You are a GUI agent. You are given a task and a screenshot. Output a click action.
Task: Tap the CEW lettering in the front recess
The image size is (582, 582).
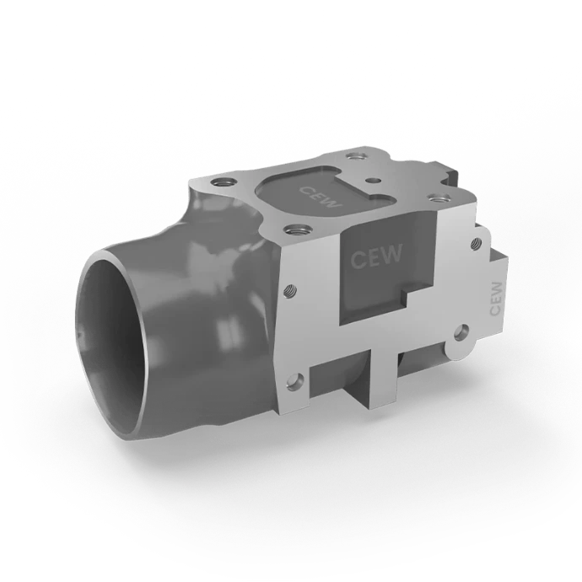click(375, 256)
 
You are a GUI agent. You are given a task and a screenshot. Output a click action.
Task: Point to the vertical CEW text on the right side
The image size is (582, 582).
click(496, 299)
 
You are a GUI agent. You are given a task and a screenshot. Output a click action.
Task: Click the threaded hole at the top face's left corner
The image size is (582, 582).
click(223, 182)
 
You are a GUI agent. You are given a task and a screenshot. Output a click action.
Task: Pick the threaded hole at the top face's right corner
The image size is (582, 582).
click(436, 197)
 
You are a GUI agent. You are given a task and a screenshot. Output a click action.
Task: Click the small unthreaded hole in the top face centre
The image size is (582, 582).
click(373, 180)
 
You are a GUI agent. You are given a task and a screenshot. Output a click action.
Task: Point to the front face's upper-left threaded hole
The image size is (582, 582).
click(289, 290)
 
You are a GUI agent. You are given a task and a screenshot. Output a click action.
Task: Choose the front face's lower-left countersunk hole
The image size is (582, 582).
click(296, 380)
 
